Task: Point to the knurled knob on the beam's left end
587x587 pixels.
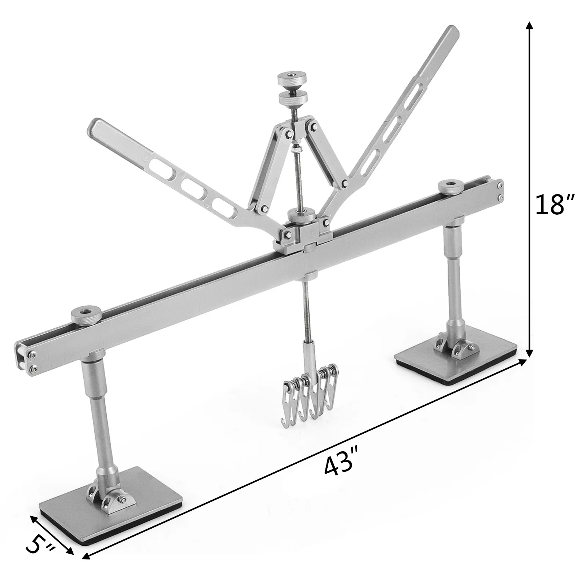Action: point(82,316)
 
